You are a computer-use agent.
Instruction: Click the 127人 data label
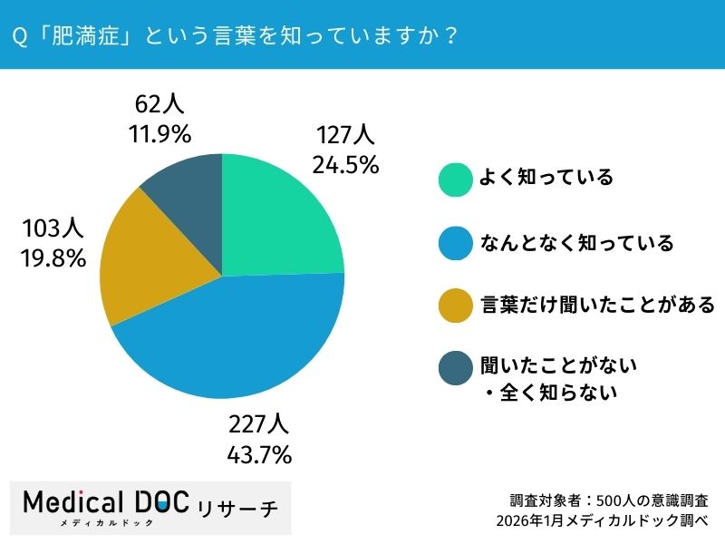tap(345, 136)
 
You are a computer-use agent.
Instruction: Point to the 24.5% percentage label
tap(345, 165)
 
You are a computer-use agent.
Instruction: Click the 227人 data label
tap(257, 423)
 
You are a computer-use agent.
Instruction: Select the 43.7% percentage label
tap(257, 452)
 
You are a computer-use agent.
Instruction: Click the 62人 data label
tap(158, 105)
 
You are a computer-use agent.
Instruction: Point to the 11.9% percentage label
tap(158, 134)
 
